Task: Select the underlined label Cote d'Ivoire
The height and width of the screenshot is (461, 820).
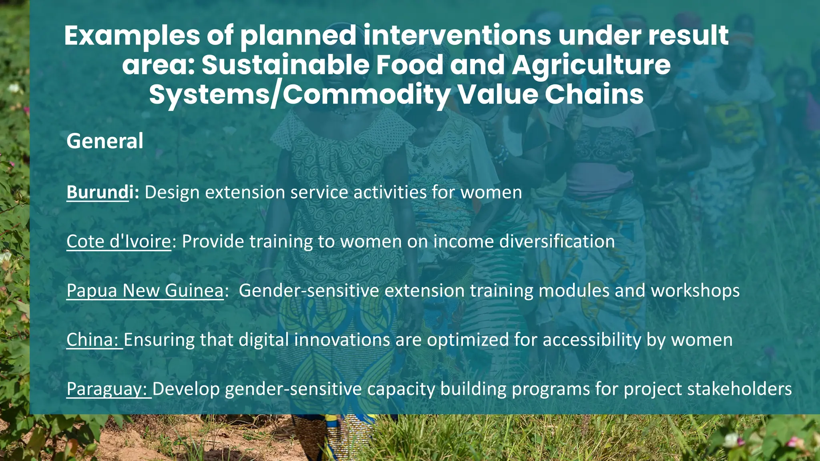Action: coord(119,242)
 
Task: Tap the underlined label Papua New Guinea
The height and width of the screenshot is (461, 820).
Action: coord(145,291)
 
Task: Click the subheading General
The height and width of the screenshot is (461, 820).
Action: coord(105,141)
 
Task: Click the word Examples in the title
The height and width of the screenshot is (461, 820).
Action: coord(132,36)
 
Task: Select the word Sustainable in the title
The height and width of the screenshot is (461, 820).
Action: coord(285,65)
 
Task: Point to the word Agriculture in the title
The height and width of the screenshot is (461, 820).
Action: coord(591,65)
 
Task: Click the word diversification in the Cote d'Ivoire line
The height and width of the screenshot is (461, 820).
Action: coord(557,242)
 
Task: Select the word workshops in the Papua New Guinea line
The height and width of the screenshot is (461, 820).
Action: coord(695,291)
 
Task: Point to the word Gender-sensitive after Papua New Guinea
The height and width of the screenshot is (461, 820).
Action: coord(309,291)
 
